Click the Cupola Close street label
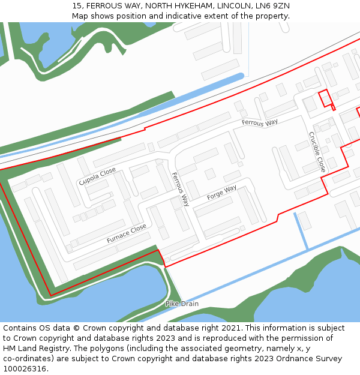(x=97, y=176)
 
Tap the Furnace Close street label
(x=127, y=233)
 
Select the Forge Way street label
(x=221, y=193)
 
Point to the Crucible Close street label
(x=317, y=152)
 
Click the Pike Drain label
(x=182, y=304)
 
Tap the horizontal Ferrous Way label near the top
(x=260, y=122)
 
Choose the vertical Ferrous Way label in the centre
(x=180, y=189)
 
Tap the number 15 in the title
(x=76, y=5)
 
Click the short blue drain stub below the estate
(x=301, y=231)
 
